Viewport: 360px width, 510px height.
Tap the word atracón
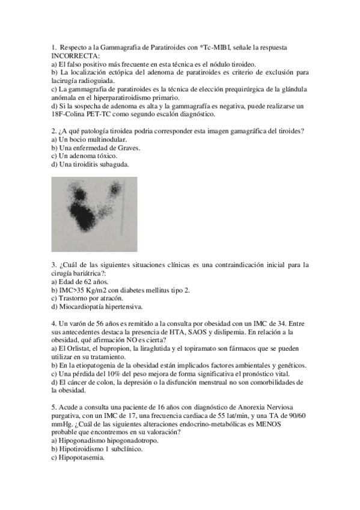[x=110, y=298]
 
